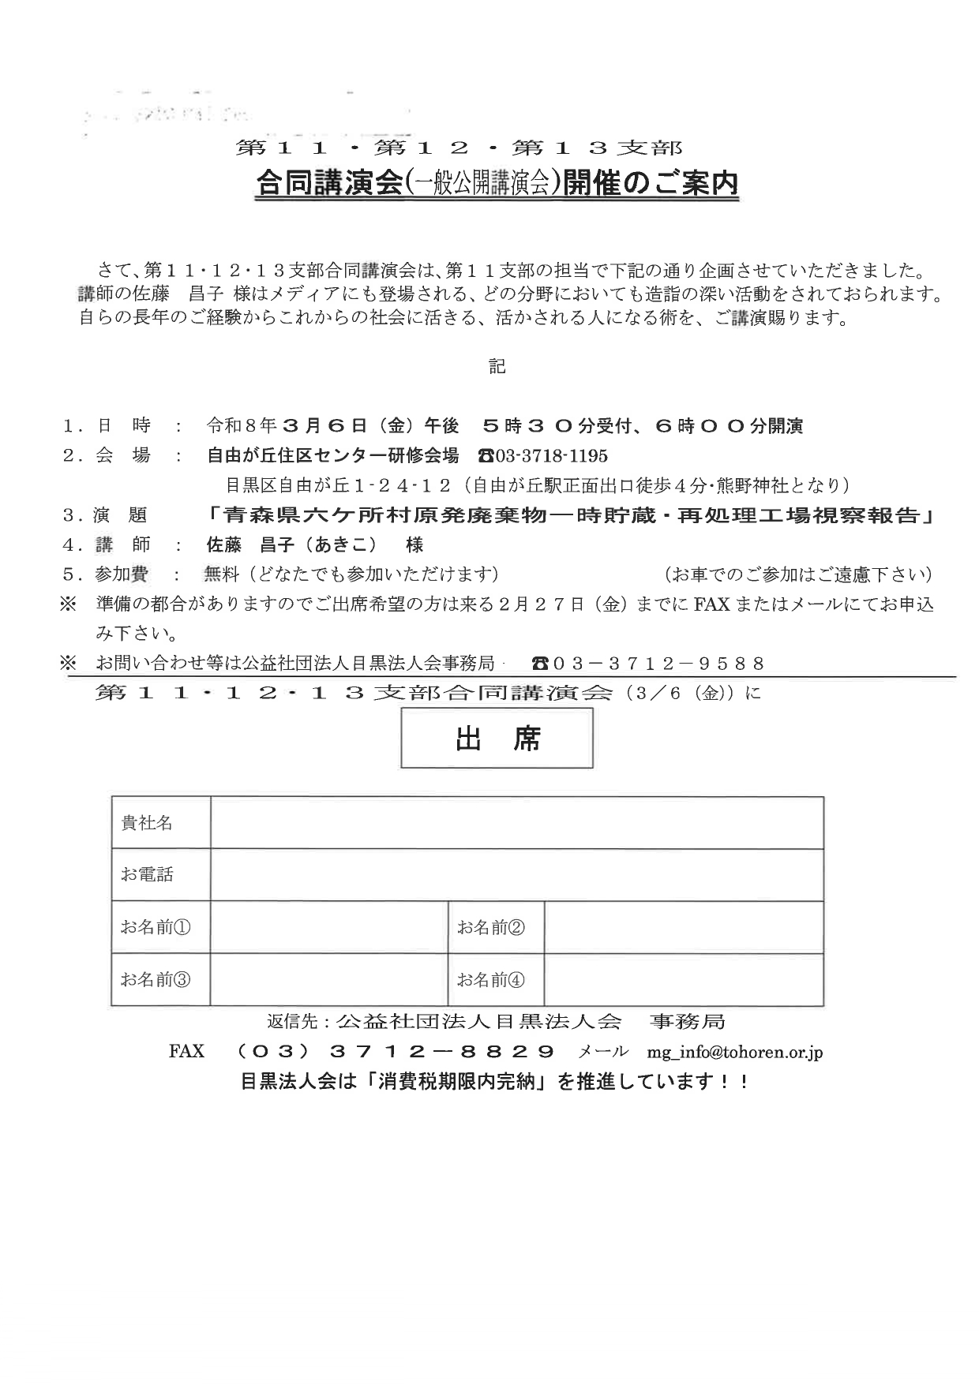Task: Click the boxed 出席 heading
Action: [497, 739]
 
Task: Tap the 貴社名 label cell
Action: [147, 823]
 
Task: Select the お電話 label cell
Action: [147, 874]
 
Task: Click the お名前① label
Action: [156, 927]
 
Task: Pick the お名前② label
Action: [490, 927]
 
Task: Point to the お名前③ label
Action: [156, 980]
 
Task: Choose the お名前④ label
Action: [490, 980]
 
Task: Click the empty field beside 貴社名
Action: [516, 823]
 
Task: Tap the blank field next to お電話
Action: [516, 874]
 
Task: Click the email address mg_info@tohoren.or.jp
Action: [735, 1052]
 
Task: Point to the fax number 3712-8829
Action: [443, 1052]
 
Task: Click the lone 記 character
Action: [497, 367]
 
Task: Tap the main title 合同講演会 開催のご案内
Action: [497, 184]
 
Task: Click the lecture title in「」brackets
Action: [572, 515]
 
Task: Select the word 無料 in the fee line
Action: [221, 574]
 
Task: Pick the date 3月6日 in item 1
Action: [324, 427]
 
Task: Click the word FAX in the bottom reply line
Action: [186, 1052]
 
